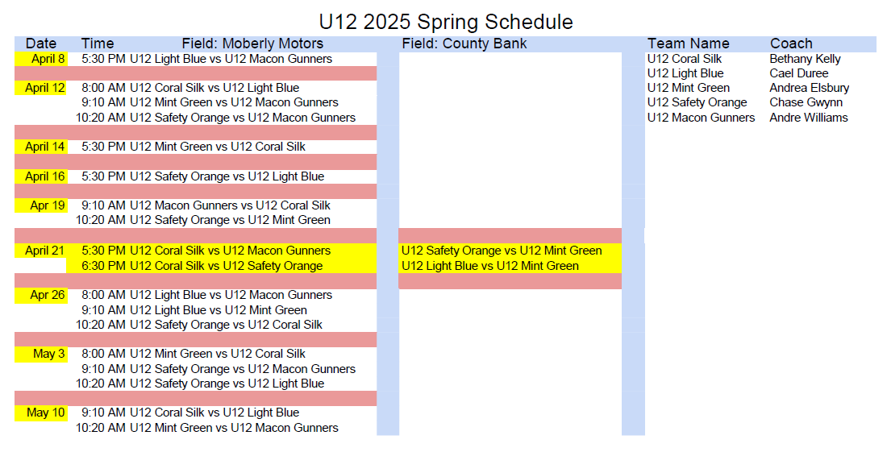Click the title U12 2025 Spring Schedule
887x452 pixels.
tap(446, 22)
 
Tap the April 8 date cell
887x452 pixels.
tap(41, 59)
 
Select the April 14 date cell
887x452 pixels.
tap(41, 147)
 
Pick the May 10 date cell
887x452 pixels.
tap(41, 413)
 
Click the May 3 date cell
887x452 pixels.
tap(41, 355)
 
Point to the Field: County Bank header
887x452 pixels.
tap(464, 44)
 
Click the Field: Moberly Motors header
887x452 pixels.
tap(252, 44)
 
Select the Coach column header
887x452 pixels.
tap(791, 44)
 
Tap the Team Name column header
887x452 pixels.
tap(689, 44)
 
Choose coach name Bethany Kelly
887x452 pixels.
tap(805, 59)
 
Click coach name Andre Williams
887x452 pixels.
tap(809, 118)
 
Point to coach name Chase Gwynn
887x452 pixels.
tap(806, 102)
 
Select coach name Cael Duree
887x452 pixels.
tap(799, 73)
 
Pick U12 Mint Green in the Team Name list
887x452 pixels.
tap(689, 88)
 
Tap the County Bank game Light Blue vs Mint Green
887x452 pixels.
tap(490, 266)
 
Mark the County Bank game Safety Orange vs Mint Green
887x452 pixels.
tap(502, 251)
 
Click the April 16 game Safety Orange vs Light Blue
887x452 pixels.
tap(227, 176)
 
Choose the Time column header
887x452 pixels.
tap(98, 44)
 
